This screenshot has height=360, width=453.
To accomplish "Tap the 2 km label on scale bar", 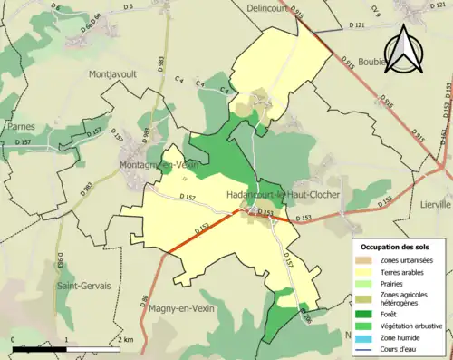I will coord(125,339).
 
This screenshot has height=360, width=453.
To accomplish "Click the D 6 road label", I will coord(127,6).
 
